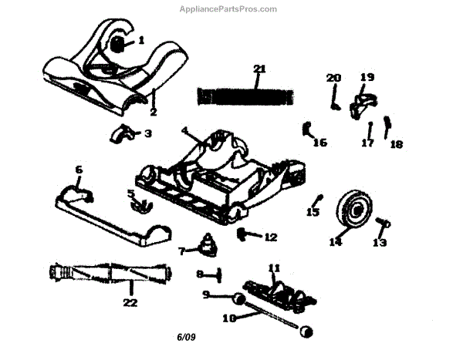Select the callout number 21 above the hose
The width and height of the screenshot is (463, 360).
pos(259,69)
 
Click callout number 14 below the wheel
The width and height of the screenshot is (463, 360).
pos(335,241)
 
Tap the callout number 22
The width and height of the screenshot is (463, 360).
pos(129,302)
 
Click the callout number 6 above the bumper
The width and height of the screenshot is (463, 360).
pos(79,169)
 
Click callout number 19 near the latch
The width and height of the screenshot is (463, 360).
pos(367,77)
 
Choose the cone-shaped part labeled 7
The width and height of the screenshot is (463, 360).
pos(208,245)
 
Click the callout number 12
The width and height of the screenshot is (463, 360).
pos(270,237)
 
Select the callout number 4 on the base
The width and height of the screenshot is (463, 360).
pos(185,131)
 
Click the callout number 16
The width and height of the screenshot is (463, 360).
pos(320,143)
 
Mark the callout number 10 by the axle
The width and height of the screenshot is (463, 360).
pos(228,317)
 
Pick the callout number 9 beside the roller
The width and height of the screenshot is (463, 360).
pos(206,294)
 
